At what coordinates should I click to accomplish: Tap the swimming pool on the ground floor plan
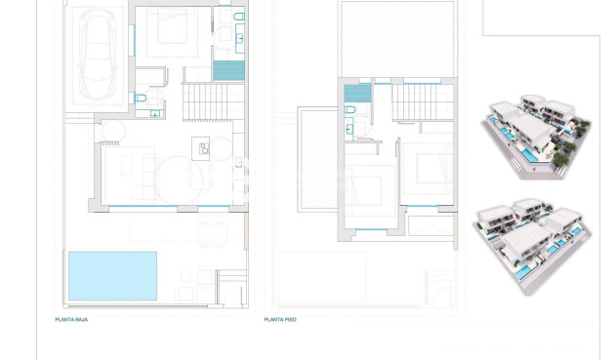point(112,276)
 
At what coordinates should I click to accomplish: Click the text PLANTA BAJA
point(71,319)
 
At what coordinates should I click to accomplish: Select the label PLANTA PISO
point(280,319)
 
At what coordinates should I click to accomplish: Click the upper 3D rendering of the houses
point(536,138)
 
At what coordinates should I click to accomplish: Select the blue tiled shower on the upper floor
point(357,93)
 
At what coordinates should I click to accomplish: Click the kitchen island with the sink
point(206,147)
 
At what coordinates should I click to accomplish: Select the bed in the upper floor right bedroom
point(426,169)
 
